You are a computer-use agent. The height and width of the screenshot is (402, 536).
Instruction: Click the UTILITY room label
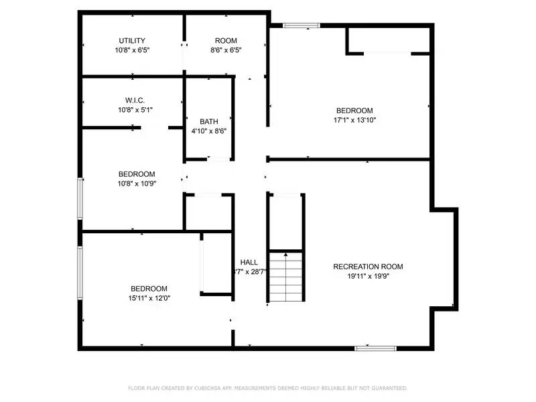132,41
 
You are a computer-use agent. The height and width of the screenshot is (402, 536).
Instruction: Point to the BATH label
209,122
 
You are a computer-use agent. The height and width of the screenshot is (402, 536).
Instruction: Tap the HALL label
249,263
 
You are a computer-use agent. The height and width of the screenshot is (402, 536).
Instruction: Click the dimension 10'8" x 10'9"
136,184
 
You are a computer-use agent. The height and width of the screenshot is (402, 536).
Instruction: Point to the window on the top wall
301,26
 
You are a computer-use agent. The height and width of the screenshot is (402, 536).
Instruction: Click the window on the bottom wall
375,348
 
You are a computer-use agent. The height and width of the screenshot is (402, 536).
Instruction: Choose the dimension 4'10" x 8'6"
209,131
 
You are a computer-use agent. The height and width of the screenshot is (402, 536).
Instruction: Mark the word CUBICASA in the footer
211,388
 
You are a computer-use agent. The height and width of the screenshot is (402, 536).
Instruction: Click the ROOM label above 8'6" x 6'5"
226,41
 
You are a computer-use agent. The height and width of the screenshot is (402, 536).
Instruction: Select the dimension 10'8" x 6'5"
132,50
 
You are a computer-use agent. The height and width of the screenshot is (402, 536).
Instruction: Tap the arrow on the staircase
286,255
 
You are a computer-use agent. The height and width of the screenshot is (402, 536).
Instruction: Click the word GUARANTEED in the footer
389,388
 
